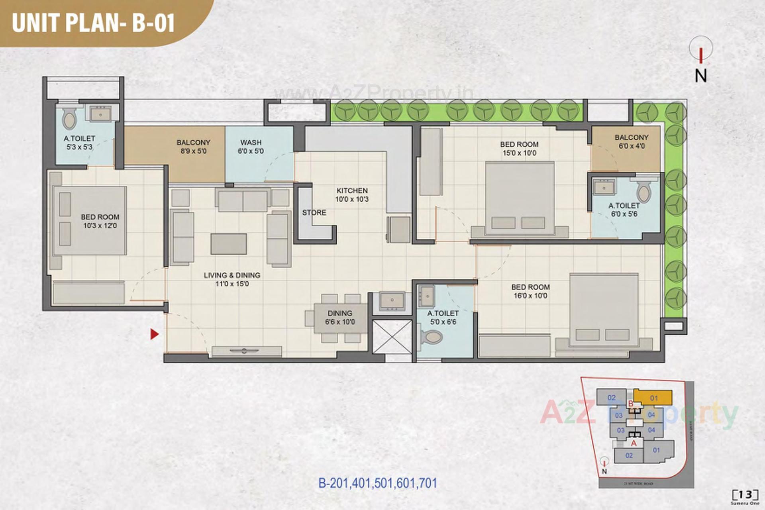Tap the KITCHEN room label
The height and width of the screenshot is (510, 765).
[x=352, y=191]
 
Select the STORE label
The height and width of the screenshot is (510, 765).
[x=314, y=213]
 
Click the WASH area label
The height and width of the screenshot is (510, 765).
[x=251, y=143]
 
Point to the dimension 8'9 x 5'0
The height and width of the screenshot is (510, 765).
[x=193, y=151]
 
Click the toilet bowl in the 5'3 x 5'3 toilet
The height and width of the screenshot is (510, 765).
[x=70, y=118]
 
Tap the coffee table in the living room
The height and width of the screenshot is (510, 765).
[x=229, y=244]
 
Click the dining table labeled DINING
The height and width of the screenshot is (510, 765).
[x=340, y=318]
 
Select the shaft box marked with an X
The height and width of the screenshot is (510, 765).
[x=392, y=337]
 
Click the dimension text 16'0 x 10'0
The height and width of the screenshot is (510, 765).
[x=530, y=296]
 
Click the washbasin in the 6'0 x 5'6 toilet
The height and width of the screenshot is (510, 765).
[x=604, y=187]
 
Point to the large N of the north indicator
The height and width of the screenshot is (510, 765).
[x=701, y=76]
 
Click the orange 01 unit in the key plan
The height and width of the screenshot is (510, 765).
[x=653, y=398]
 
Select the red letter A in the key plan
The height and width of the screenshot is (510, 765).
[x=634, y=443]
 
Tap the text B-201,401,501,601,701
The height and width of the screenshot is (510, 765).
[x=378, y=483]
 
